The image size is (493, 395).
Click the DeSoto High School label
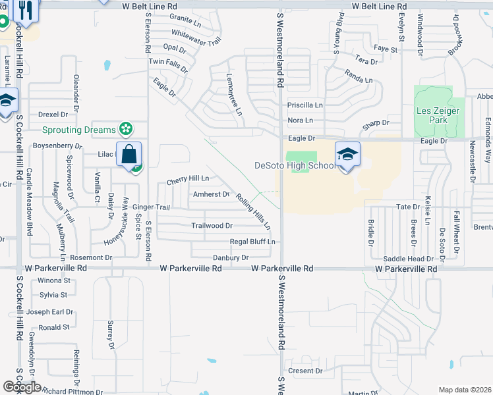(295, 165)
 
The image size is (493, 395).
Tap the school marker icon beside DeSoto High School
(347, 155)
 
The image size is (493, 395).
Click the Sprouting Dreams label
(78, 130)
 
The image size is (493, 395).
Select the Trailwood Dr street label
(212, 225)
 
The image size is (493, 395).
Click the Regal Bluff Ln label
(252, 242)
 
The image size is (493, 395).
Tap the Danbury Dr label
(231, 257)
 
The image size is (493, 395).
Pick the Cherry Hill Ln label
(188, 178)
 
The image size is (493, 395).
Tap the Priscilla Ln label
(304, 105)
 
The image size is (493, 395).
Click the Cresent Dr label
(304, 371)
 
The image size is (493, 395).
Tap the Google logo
(21, 387)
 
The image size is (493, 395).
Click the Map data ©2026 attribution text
(465, 390)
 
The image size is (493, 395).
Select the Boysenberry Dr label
(57, 145)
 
